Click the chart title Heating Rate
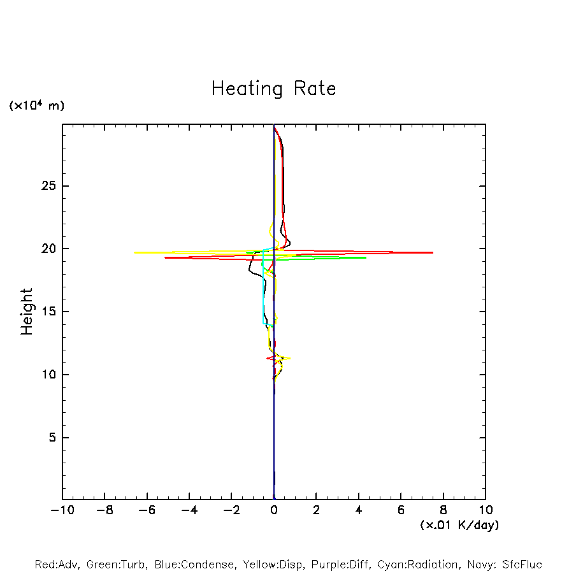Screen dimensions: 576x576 pyautogui.click(x=273, y=89)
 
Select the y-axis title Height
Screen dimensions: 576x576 pyautogui.click(x=27, y=312)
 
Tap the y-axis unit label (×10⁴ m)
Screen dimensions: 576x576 pyautogui.click(x=36, y=106)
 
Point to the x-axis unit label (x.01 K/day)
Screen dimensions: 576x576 pyautogui.click(x=459, y=525)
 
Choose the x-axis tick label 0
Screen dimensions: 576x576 pyautogui.click(x=274, y=510)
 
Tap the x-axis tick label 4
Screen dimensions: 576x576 pyautogui.click(x=359, y=510)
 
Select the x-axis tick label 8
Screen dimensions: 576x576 pyautogui.click(x=443, y=510)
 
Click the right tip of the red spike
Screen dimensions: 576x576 pyautogui.click(x=433, y=253)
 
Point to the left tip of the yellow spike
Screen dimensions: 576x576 pyautogui.click(x=134, y=252)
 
